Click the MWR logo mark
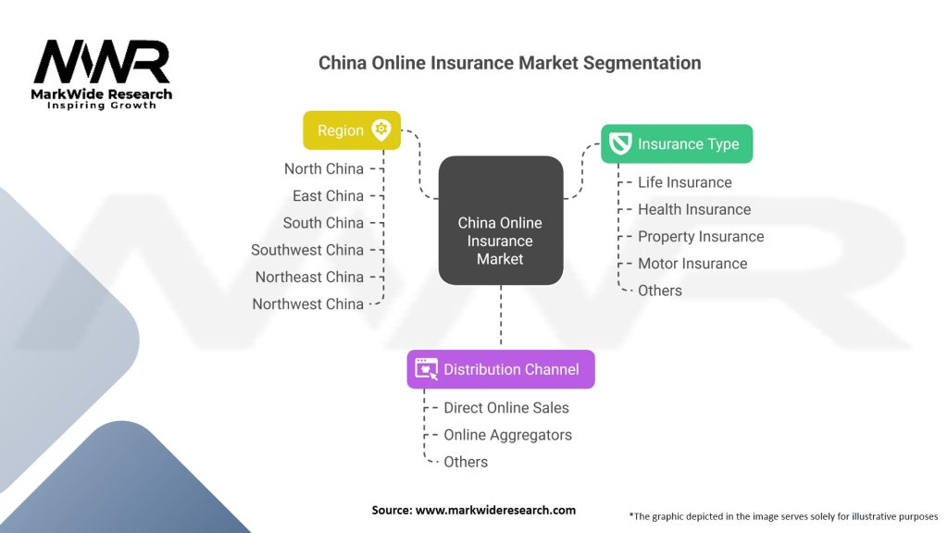(x=102, y=62)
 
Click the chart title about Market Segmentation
(x=509, y=63)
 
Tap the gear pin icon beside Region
(x=380, y=130)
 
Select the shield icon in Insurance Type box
(x=620, y=143)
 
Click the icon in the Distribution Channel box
(x=426, y=368)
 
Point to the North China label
(x=324, y=168)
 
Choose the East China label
(x=328, y=195)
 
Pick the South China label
(x=323, y=222)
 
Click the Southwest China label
(x=307, y=250)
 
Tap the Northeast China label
(x=309, y=277)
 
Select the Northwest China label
(x=307, y=304)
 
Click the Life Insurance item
(x=684, y=182)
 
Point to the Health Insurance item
(x=694, y=209)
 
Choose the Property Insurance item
(x=701, y=236)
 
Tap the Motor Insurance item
(x=692, y=263)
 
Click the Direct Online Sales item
(x=506, y=407)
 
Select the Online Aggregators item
(x=507, y=435)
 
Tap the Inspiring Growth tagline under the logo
(x=102, y=105)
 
